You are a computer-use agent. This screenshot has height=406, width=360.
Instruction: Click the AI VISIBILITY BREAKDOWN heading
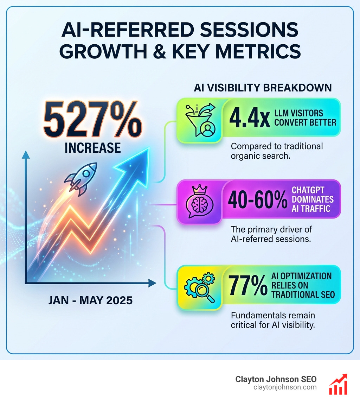coord(263,88)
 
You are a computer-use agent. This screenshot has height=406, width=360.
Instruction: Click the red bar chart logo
coord(338,385)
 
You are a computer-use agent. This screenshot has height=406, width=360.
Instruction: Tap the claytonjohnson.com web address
coord(285,387)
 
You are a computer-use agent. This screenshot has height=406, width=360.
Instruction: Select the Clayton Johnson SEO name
coord(276,379)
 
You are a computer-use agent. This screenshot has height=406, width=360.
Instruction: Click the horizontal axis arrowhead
coord(153,283)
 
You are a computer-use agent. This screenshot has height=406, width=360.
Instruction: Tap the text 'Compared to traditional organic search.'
coord(277,151)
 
